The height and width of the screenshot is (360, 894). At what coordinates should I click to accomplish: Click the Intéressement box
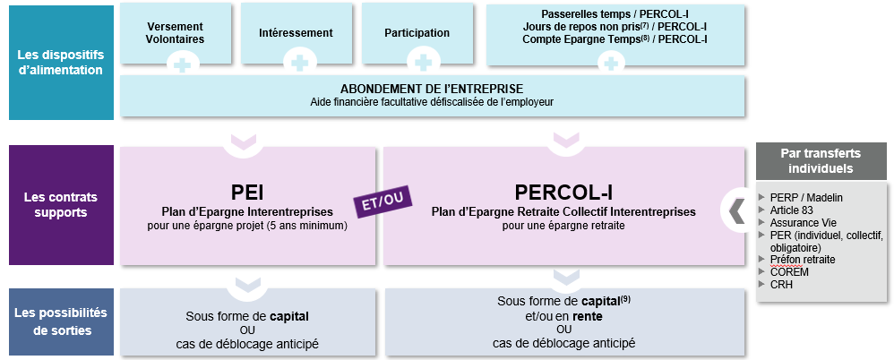click(x=296, y=33)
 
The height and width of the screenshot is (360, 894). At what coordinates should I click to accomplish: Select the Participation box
click(x=417, y=33)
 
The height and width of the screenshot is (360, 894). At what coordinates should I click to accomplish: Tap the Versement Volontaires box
click(x=175, y=33)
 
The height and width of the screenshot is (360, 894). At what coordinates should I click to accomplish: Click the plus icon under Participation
click(x=423, y=62)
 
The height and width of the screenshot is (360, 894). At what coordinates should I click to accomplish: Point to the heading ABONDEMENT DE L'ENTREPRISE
click(x=432, y=89)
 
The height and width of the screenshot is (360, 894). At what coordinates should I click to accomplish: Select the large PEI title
click(x=247, y=193)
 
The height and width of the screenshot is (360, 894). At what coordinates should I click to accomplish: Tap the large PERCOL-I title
click(x=563, y=193)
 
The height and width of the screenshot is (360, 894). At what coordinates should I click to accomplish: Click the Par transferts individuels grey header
click(x=821, y=160)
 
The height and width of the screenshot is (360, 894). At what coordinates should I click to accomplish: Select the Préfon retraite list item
click(x=797, y=260)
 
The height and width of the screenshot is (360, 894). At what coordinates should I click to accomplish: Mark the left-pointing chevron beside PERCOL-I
click(x=736, y=210)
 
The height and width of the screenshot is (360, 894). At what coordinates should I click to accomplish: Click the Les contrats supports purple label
click(x=61, y=205)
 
